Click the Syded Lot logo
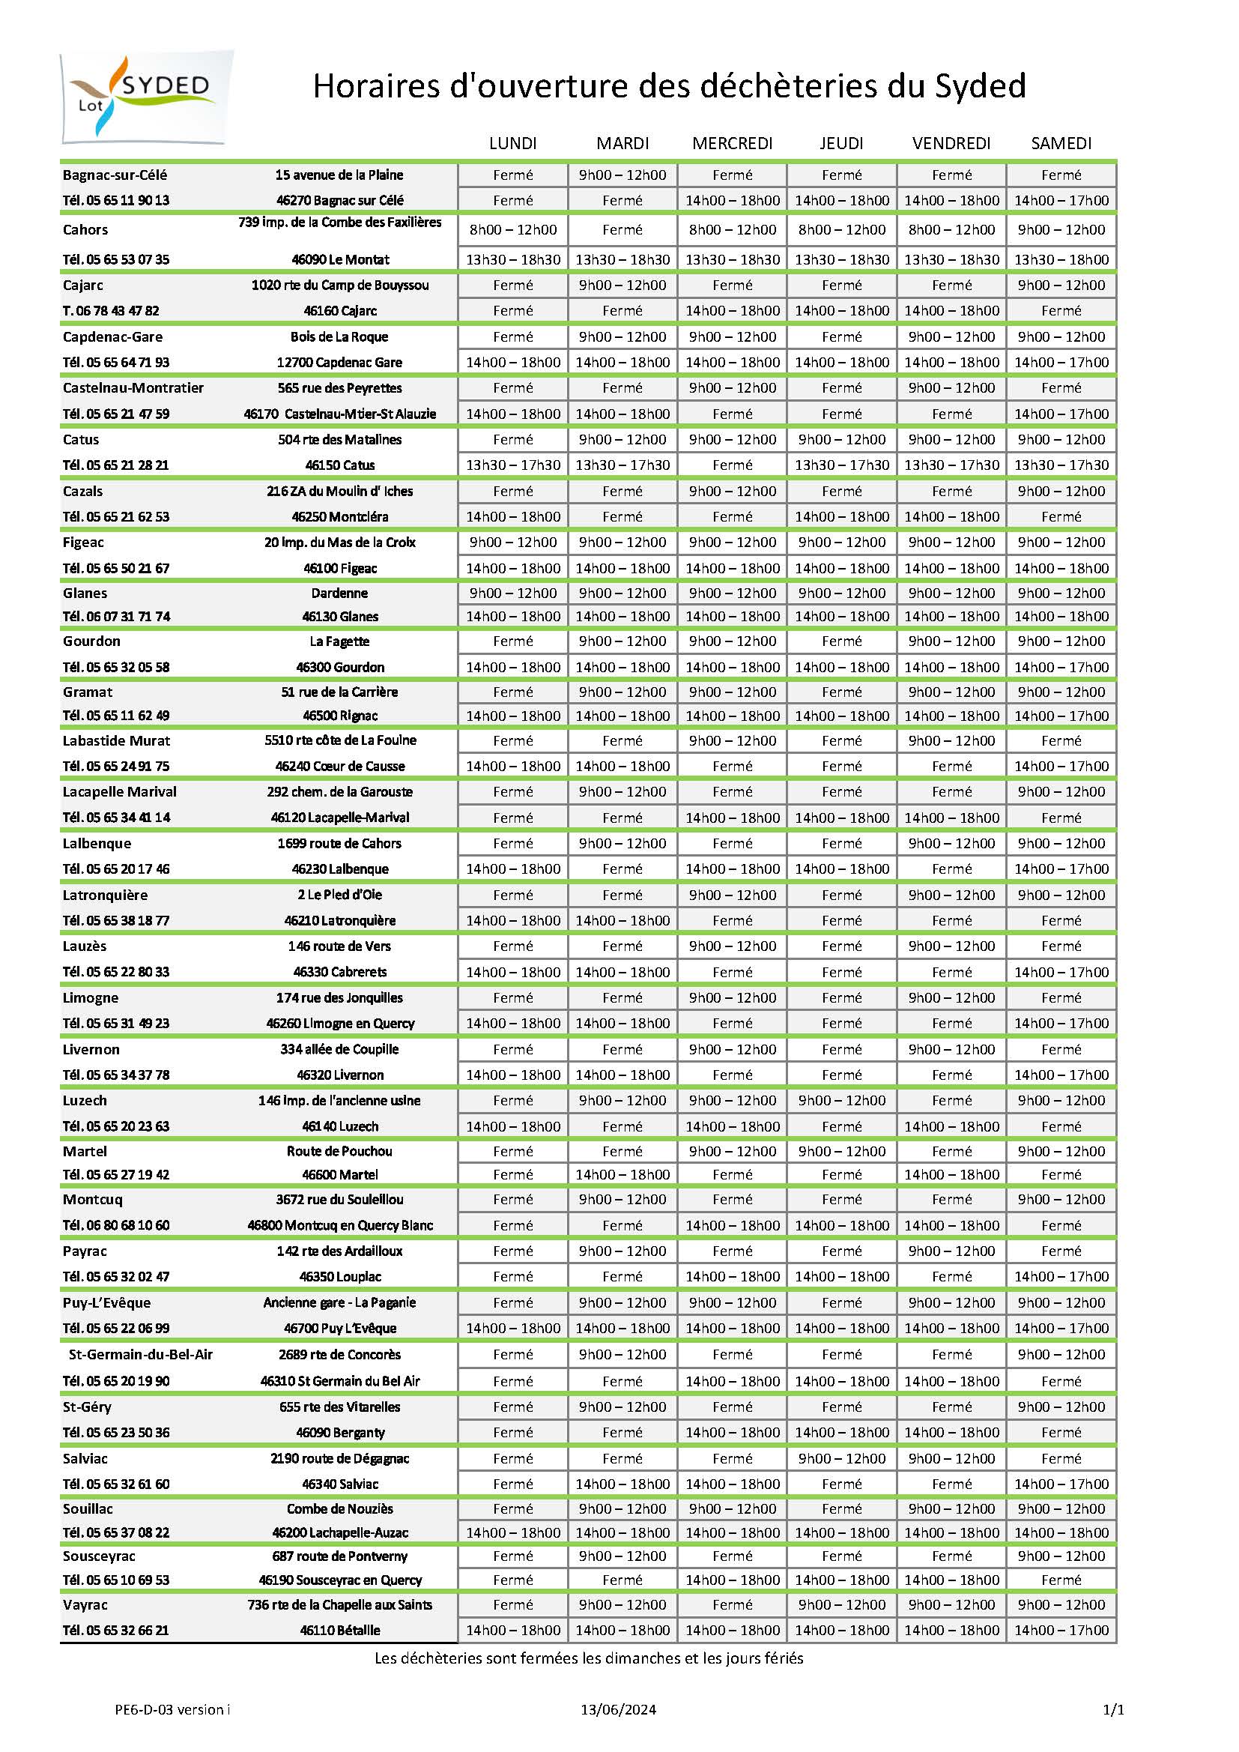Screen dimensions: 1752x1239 pyautogui.click(x=147, y=97)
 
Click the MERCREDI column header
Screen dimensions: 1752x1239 pyautogui.click(x=732, y=143)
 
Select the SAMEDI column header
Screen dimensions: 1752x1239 pyautogui.click(x=1061, y=143)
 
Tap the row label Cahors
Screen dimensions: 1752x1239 pyautogui.click(x=85, y=230)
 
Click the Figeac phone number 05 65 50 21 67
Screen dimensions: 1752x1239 pyautogui.click(x=116, y=568)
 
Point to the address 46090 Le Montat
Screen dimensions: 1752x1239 pyautogui.click(x=340, y=259)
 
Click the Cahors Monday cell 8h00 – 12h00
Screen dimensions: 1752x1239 pyautogui.click(x=512, y=230)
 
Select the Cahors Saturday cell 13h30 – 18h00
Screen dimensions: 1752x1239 pyautogui.click(x=1061, y=259)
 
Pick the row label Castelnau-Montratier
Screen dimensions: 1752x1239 pyautogui.click(x=133, y=387)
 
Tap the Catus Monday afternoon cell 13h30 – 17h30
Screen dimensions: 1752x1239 pyautogui.click(x=512, y=465)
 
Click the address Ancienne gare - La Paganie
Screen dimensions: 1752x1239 pyautogui.click(x=339, y=1302)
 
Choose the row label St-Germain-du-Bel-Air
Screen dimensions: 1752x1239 pyautogui.click(x=140, y=1354)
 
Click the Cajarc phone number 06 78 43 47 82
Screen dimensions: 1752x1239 pyautogui.click(x=111, y=310)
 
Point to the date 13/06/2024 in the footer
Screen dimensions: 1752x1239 pyautogui.click(x=618, y=1710)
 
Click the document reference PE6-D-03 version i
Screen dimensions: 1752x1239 pyautogui.click(x=172, y=1710)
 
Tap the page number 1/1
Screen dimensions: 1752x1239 pyautogui.click(x=1113, y=1710)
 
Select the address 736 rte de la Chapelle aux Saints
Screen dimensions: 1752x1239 pyautogui.click(x=339, y=1604)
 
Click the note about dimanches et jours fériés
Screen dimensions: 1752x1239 pyautogui.click(x=588, y=1658)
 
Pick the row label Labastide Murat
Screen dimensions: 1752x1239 pyautogui.click(x=116, y=740)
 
